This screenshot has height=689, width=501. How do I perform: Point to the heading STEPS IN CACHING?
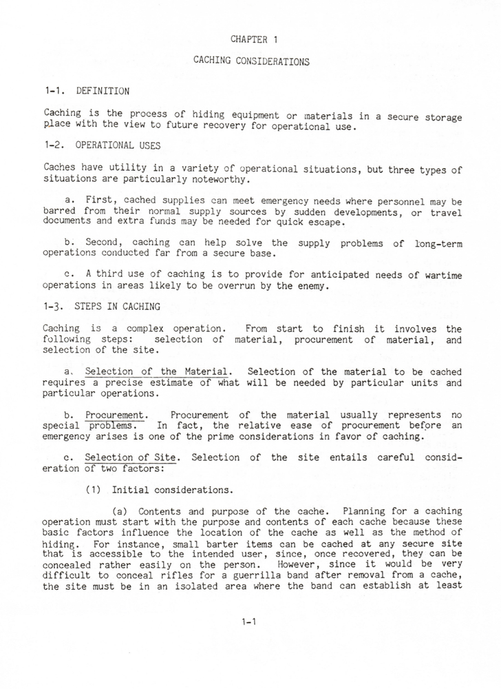click(x=118, y=307)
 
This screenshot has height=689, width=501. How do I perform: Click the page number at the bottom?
click(x=249, y=622)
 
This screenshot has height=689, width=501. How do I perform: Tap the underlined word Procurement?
click(x=116, y=415)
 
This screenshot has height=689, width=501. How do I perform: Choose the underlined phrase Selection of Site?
click(x=132, y=457)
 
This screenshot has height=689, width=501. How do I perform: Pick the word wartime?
click(x=443, y=275)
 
